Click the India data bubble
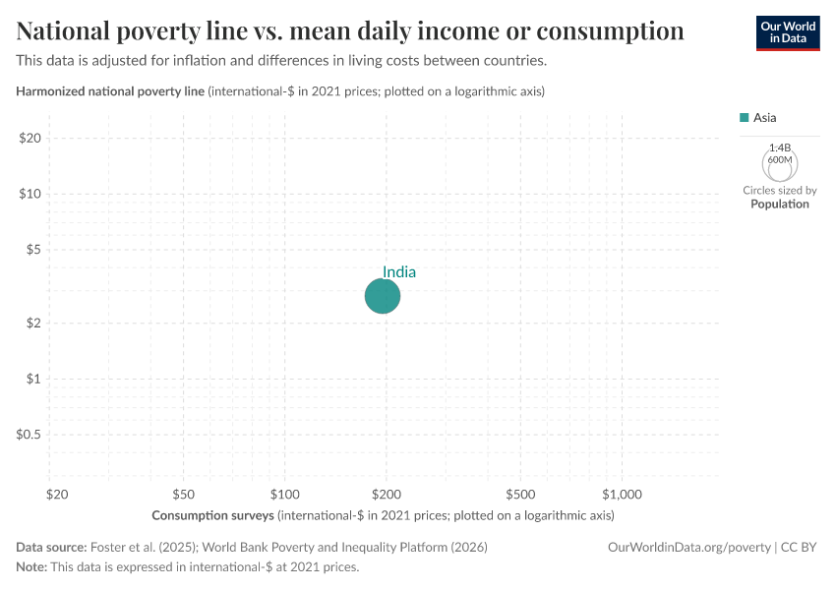point(383,295)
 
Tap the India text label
point(398,272)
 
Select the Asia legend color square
point(745,118)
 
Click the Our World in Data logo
point(787,32)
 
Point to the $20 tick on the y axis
point(30,138)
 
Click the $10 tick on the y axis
point(30,194)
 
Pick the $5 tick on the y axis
point(32,249)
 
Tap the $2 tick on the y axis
point(32,323)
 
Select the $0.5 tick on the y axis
point(28,434)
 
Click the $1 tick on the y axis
point(32,379)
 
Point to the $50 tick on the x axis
point(183,493)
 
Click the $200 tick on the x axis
point(386,493)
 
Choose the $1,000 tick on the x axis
point(622,493)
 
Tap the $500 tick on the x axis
point(520,493)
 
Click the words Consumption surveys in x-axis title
point(213,515)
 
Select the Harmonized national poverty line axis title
point(111,91)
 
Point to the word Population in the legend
point(779,205)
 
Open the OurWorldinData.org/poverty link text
point(689,547)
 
